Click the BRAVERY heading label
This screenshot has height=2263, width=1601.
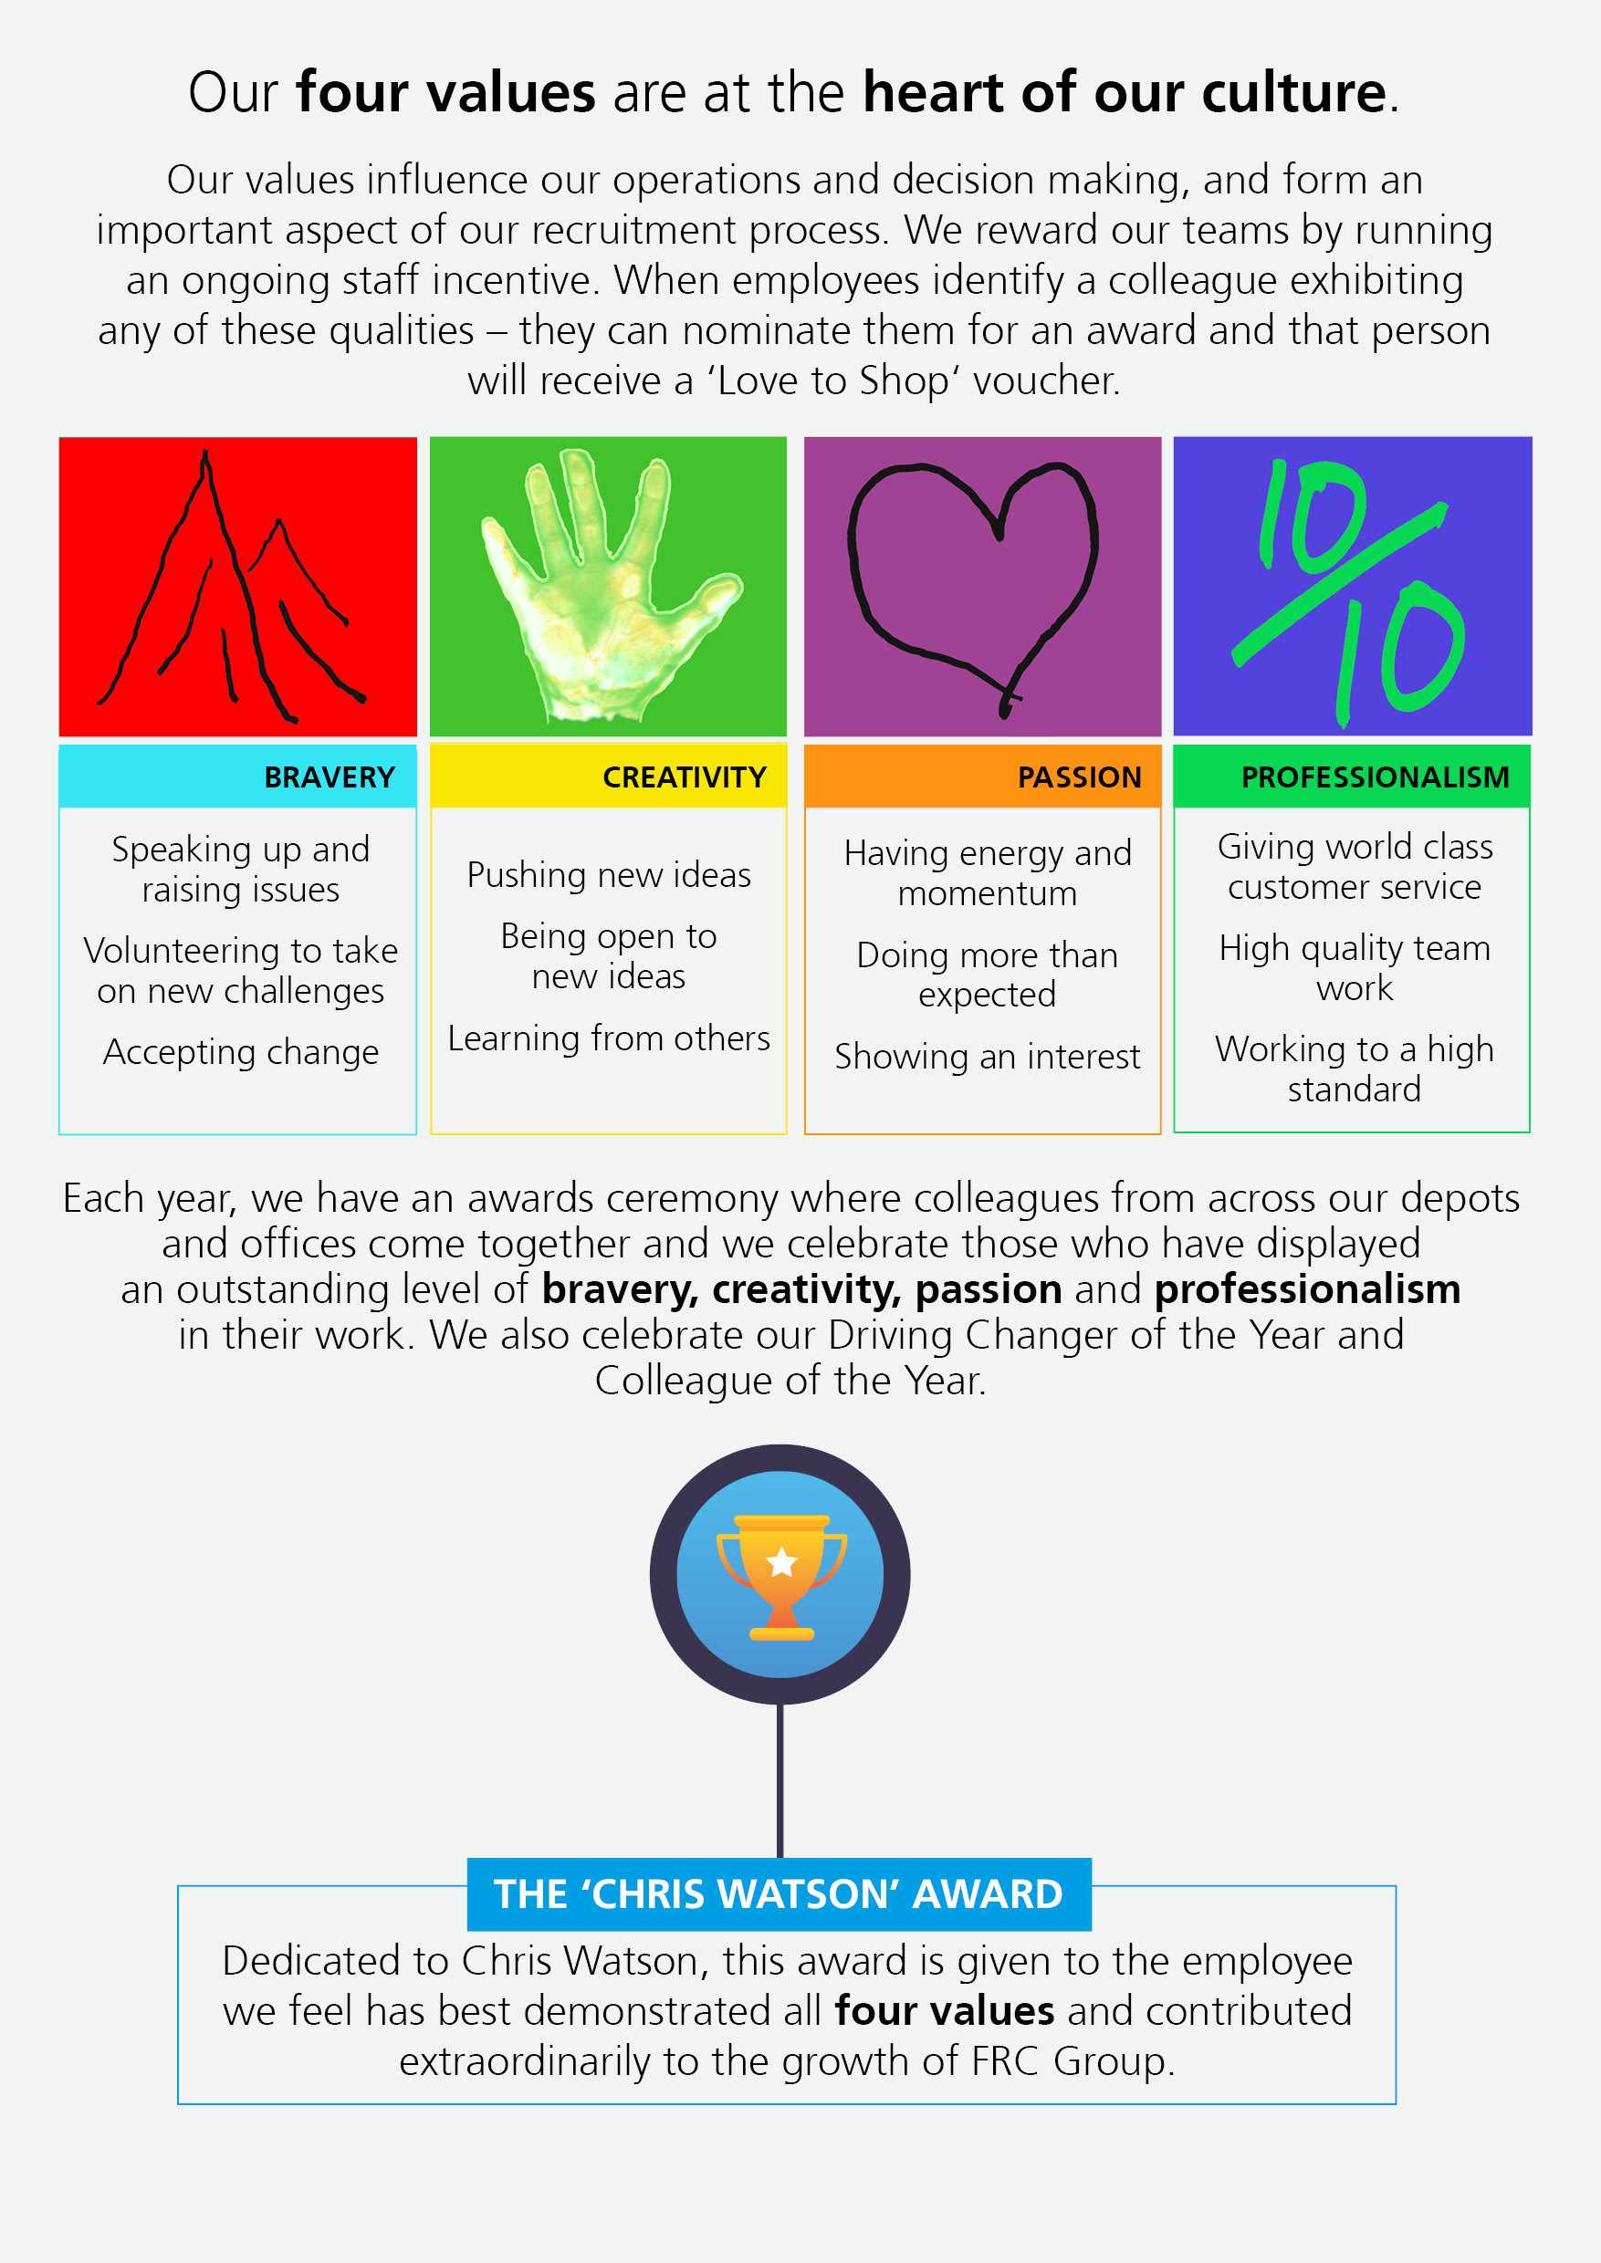pyautogui.click(x=330, y=777)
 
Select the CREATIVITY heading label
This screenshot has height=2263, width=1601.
pyautogui.click(x=685, y=777)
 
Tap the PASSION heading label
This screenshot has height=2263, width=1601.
pyautogui.click(x=1080, y=777)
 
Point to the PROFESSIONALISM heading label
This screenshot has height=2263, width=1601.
pyautogui.click(x=1376, y=777)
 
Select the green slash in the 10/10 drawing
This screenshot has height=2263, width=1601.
pyautogui.click(x=1339, y=583)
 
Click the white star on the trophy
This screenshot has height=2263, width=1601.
pyautogui.click(x=781, y=1562)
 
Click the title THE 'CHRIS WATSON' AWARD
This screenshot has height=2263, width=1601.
pyautogui.click(x=779, y=1894)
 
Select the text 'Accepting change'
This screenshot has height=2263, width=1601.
pyautogui.click(x=241, y=1053)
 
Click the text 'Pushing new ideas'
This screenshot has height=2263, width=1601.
pyautogui.click(x=608, y=875)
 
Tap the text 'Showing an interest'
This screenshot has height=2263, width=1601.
pyautogui.click(x=987, y=1057)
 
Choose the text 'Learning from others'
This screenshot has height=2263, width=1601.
pyautogui.click(x=608, y=1038)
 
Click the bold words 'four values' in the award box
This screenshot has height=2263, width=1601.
pyautogui.click(x=945, y=2010)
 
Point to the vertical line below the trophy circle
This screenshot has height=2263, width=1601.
pyautogui.click(x=780, y=1781)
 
